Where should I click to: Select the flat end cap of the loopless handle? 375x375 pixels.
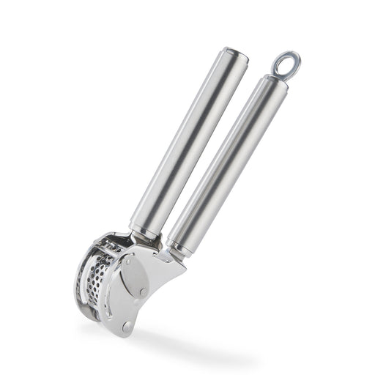(236, 55)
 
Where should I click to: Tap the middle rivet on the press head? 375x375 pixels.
(144, 292)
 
